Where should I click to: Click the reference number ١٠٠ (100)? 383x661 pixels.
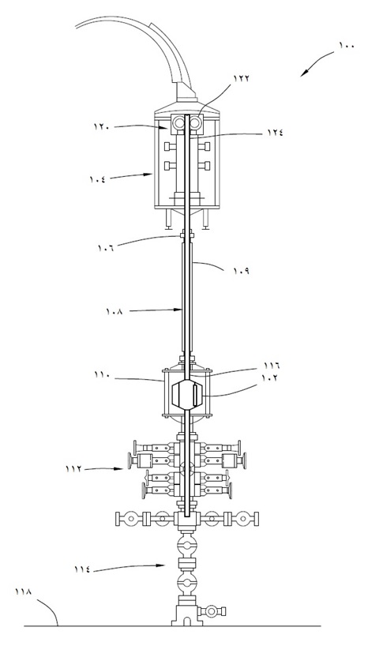(x=347, y=46)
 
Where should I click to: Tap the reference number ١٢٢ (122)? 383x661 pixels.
(x=242, y=78)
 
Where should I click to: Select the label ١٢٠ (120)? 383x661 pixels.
(x=102, y=126)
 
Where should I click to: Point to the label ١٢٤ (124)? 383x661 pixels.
(x=275, y=132)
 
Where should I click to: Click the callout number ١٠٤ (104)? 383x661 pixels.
(x=97, y=178)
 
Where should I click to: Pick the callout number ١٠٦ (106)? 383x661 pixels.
(x=106, y=247)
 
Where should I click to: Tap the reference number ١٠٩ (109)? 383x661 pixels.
(x=241, y=271)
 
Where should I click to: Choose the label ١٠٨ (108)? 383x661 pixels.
(x=115, y=313)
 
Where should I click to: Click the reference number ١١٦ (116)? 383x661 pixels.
(x=272, y=365)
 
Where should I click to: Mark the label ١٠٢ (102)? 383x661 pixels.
(x=271, y=377)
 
